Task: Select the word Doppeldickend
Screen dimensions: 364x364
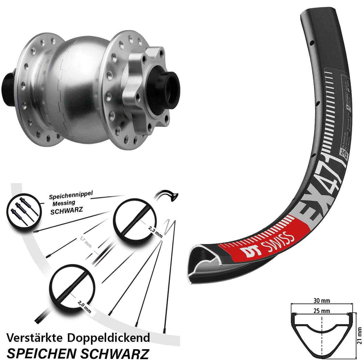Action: pos(109,338)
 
